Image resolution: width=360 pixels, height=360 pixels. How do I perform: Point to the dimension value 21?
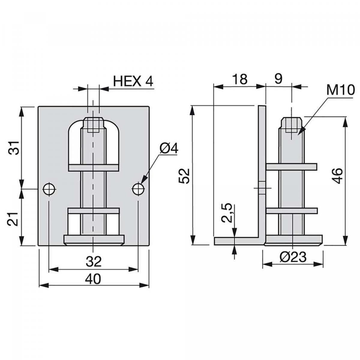point(14,218)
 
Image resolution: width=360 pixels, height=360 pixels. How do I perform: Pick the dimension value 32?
point(93,262)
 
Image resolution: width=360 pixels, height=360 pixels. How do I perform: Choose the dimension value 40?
point(93,279)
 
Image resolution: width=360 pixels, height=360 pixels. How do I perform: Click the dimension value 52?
point(184,175)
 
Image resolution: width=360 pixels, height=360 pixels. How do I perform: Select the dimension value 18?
point(240,79)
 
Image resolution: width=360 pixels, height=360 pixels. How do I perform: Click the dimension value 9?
point(278,79)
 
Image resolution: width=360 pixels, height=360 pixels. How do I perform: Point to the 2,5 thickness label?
point(227,213)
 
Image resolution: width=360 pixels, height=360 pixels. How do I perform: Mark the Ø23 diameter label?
point(293,257)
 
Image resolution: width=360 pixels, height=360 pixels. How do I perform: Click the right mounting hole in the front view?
point(138,189)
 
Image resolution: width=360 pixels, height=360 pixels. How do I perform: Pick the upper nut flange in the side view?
point(291,167)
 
